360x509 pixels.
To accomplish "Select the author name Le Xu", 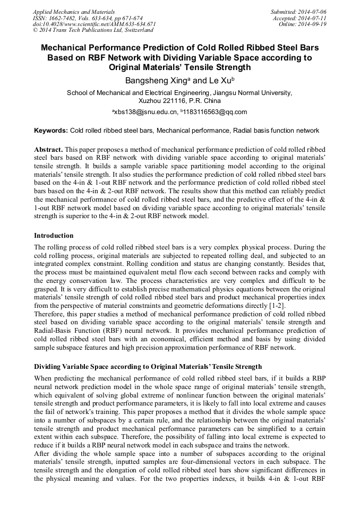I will tap(219, 81).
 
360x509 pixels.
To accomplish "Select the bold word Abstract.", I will tap(49, 150).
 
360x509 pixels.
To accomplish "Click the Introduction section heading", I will tap(54, 235).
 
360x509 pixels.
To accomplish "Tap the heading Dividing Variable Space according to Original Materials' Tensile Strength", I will tap(148, 367).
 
